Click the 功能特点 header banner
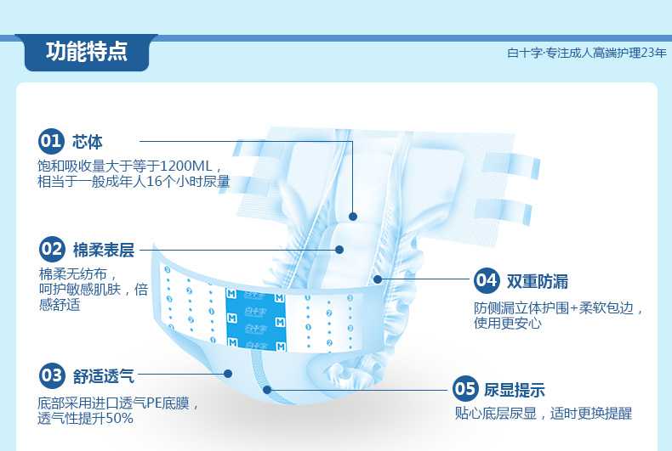point(86,52)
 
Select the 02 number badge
point(52,249)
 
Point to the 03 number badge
point(52,374)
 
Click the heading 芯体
point(88,141)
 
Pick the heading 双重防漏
point(538,280)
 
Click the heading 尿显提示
point(514,391)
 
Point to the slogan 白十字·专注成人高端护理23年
point(586,53)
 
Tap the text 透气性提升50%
point(85,418)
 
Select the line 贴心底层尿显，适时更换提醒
point(543,414)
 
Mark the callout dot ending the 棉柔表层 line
point(339,250)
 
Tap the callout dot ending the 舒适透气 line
point(228,373)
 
